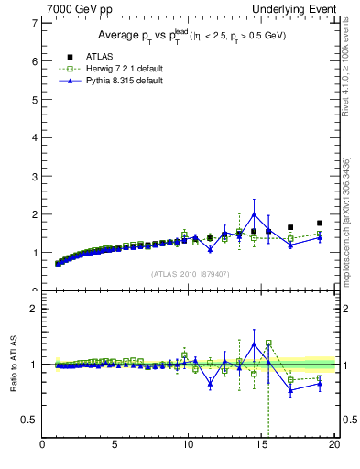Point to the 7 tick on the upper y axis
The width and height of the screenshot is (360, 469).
click(x=34, y=23)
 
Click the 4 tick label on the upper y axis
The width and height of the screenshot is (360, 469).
click(x=34, y=137)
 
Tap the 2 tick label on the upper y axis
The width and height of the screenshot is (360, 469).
click(x=34, y=214)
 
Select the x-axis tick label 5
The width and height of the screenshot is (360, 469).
click(x=115, y=445)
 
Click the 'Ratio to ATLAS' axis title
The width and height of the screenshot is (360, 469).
click(x=13, y=364)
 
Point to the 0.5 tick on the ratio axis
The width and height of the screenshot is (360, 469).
click(x=29, y=420)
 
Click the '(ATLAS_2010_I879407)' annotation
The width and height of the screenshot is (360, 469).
click(x=190, y=274)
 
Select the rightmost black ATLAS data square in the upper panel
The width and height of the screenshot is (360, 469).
click(x=320, y=223)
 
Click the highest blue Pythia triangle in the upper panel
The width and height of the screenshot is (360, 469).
click(x=254, y=214)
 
